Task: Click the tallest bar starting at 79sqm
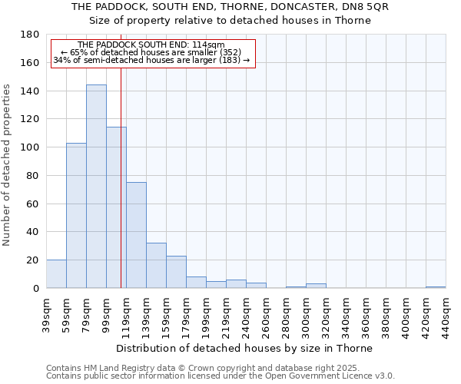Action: pos(96,187)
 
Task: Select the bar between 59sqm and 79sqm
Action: pos(76,216)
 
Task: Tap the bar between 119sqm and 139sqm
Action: pos(136,235)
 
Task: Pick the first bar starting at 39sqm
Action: pos(56,274)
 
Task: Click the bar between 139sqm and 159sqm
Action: pos(156,266)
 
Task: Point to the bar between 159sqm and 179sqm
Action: pos(176,272)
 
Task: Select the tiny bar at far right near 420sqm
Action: pos(436,287)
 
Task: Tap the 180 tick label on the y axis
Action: pos(30,35)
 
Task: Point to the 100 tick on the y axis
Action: pos(30,147)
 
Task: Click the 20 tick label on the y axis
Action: pos(33,260)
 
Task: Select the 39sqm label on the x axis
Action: pos(46,313)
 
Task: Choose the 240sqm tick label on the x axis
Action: pos(246,313)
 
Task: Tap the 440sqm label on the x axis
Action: pos(446,313)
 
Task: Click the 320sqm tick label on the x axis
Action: pos(326,313)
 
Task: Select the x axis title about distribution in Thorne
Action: pos(246,348)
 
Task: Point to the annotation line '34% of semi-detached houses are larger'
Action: pos(151,60)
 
